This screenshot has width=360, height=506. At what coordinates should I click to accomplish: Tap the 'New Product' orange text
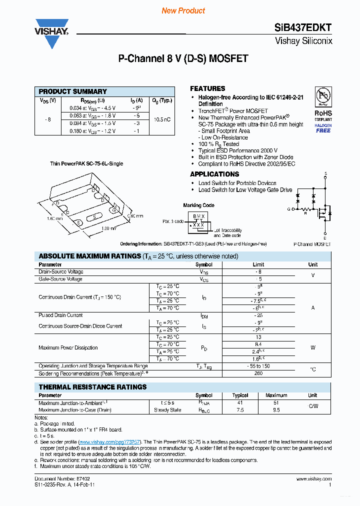point(183,10)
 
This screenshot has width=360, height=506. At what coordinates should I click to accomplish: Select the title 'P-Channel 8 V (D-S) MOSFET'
point(183,58)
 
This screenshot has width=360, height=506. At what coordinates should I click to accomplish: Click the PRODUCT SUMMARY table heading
point(73,91)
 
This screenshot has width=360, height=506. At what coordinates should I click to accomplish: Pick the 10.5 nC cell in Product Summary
point(162,119)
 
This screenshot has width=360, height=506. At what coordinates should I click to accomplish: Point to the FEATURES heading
point(207,88)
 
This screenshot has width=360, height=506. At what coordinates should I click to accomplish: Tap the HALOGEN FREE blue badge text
point(323,128)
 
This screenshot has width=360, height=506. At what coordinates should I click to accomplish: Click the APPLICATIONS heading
point(214,174)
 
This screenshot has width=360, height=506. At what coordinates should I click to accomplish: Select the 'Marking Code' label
point(198,205)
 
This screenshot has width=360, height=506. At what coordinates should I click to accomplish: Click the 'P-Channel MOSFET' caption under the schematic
point(312,244)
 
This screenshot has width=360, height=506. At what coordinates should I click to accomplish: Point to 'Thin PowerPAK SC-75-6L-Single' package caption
point(86,163)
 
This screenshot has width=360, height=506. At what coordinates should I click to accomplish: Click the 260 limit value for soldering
point(258,373)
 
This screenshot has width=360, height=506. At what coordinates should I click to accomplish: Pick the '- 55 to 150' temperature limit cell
point(258,366)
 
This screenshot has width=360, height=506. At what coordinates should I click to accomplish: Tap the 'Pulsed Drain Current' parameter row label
point(61,315)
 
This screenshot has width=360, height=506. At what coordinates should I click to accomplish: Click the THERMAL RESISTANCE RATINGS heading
point(92,387)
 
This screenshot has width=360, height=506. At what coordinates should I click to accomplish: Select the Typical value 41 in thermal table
point(240,402)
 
